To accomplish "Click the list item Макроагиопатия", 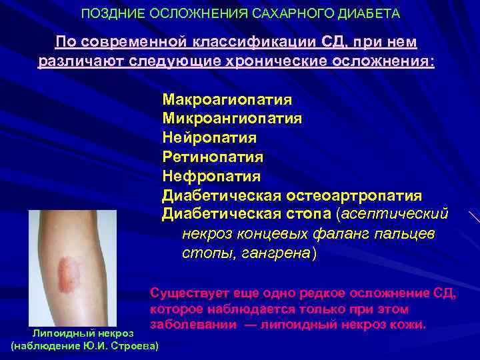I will pyautogui.click(x=227, y=100).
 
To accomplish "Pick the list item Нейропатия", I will pyautogui.click(x=209, y=138).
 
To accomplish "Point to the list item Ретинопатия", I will pyautogui.click(x=213, y=157).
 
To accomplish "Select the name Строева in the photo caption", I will pyautogui.click(x=133, y=346).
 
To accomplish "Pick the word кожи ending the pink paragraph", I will pyautogui.click(x=408, y=325).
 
